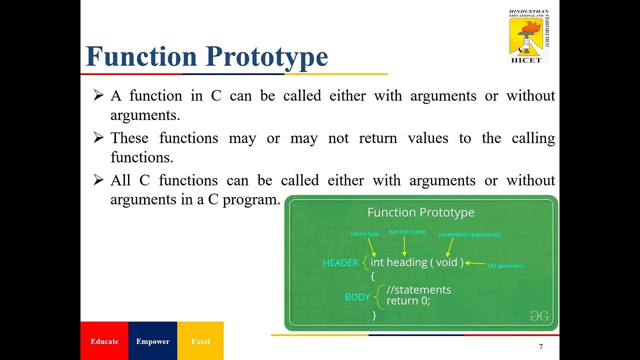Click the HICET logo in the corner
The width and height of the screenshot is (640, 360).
click(528, 36)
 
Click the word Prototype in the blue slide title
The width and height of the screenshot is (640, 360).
click(266, 56)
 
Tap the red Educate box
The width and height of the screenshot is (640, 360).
click(104, 341)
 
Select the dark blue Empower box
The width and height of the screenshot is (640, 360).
click(152, 341)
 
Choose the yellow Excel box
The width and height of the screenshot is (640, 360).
click(200, 341)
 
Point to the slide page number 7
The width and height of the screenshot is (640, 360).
click(540, 347)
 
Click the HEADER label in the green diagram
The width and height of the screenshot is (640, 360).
click(340, 263)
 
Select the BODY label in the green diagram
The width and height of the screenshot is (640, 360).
click(357, 297)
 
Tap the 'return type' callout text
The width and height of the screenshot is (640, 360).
click(364, 234)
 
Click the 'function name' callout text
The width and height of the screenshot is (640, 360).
click(407, 232)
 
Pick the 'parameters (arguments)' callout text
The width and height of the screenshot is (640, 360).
click(469, 234)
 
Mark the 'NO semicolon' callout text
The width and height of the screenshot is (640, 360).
click(505, 266)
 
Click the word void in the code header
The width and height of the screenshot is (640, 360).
click(446, 262)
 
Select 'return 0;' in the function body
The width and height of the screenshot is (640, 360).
click(408, 301)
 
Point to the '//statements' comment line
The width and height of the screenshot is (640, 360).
click(418, 290)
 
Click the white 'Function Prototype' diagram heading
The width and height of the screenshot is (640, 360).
click(420, 212)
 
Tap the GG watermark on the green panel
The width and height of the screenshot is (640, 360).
click(539, 315)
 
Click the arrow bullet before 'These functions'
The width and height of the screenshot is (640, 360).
click(98, 138)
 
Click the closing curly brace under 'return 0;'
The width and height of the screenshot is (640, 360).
click(374, 315)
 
